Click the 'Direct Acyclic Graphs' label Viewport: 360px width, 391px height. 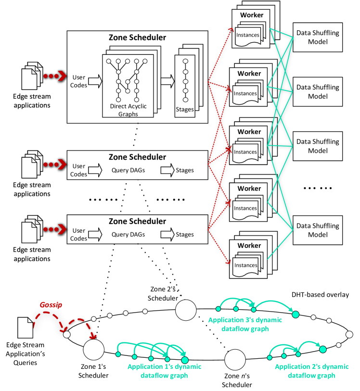coord(128,110)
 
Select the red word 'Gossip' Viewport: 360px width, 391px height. coord(51,305)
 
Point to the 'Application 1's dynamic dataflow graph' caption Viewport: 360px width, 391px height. coord(164,371)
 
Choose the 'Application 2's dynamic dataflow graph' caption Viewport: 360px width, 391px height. coord(311,371)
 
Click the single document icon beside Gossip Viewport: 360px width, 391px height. coord(26,327)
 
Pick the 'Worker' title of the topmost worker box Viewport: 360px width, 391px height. coord(252,15)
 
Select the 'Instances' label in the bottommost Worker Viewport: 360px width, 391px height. coord(246,265)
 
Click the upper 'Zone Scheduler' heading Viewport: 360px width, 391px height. coord(137,157)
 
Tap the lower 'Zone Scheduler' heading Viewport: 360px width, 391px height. coord(137,221)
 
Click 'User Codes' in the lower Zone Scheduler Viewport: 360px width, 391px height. coord(78,235)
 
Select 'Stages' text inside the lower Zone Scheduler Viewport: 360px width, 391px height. coord(185,235)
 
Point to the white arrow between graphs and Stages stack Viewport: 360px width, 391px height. coord(167,81)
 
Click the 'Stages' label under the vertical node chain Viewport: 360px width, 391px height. coord(185,110)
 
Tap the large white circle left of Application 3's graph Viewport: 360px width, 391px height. coord(186,310)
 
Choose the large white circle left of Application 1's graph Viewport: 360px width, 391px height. coord(94,350)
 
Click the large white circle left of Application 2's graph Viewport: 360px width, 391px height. coord(235,359)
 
